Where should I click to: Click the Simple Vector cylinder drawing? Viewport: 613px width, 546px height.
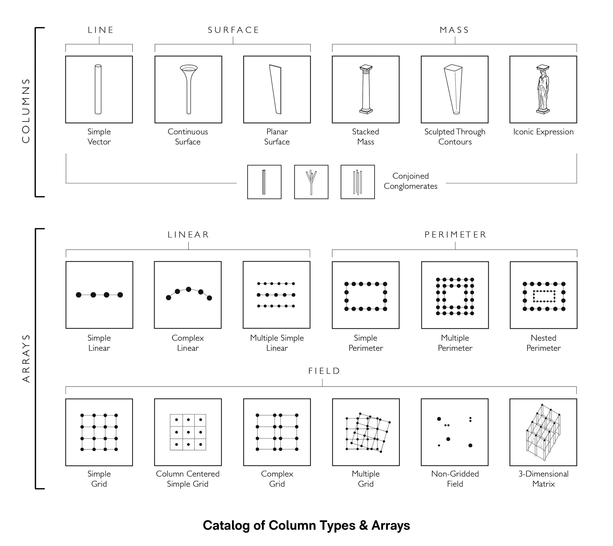click(98, 89)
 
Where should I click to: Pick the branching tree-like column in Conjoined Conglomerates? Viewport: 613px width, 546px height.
click(311, 182)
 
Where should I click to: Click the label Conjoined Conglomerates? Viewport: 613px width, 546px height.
click(410, 181)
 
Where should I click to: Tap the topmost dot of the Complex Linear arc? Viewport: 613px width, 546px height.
click(189, 289)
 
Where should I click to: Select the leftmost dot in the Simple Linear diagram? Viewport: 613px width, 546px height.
click(78, 295)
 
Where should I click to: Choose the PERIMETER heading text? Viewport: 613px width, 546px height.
click(455, 234)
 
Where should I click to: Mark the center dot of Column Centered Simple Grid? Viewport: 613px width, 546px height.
click(188, 432)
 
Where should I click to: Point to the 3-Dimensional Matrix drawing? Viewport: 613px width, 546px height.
click(543, 432)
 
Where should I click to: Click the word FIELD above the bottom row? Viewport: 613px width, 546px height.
click(324, 371)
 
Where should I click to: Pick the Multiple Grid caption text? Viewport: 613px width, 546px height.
click(366, 479)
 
